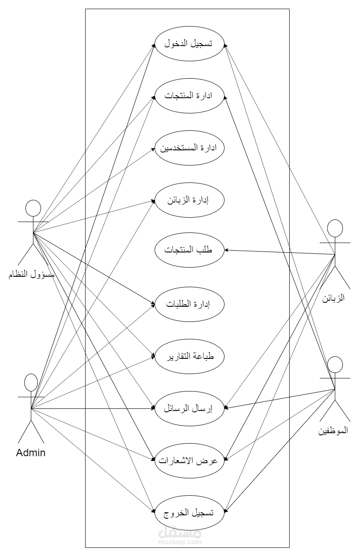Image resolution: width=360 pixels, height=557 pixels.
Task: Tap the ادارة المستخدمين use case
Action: click(x=189, y=148)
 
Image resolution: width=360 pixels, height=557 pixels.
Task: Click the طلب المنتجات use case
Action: click(x=189, y=251)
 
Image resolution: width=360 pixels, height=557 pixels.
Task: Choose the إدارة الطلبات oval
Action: click(x=189, y=304)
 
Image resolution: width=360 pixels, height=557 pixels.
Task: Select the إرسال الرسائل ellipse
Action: click(x=189, y=408)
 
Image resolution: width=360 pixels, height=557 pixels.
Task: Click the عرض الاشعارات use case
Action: click(x=189, y=461)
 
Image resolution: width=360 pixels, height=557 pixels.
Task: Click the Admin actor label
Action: click(x=31, y=453)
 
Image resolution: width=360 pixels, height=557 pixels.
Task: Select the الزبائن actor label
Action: click(x=335, y=298)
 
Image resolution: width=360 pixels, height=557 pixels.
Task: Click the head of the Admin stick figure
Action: click(x=31, y=383)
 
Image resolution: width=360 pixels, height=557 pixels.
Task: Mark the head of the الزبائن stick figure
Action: click(x=335, y=229)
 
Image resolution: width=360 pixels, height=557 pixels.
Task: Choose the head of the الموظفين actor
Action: click(x=335, y=365)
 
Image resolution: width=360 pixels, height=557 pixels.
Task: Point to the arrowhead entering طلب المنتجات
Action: click(x=226, y=250)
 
